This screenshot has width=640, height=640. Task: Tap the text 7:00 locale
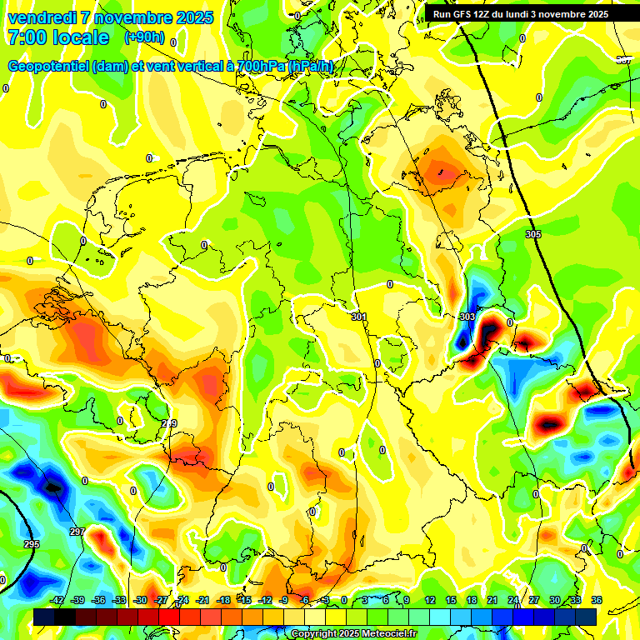tap(57, 37)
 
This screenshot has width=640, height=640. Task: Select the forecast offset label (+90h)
tap(144, 37)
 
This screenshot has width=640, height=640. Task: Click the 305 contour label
tap(533, 234)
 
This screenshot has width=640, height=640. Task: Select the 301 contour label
tap(358, 317)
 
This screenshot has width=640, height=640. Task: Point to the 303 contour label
tap(467, 317)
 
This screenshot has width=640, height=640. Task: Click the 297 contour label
tap(77, 532)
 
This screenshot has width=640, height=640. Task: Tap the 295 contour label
tap(31, 544)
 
